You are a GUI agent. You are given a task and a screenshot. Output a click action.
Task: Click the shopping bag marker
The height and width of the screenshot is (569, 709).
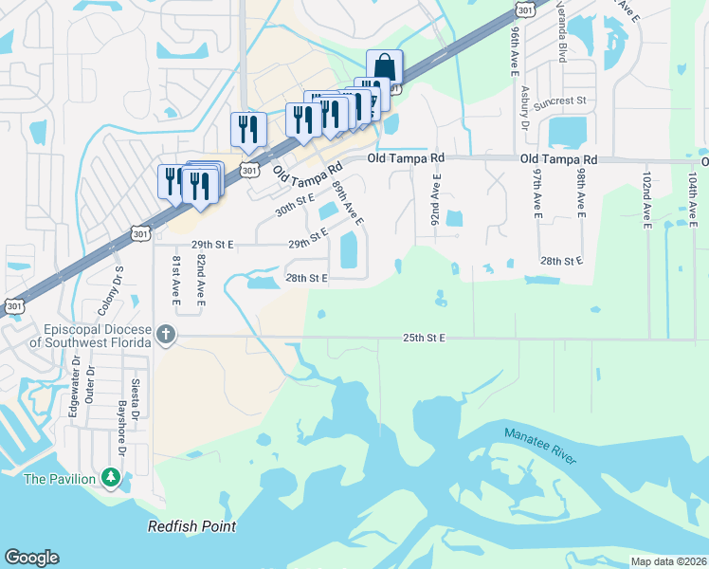(384, 68)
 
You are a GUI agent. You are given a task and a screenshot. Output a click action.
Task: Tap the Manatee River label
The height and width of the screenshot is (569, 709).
(539, 448)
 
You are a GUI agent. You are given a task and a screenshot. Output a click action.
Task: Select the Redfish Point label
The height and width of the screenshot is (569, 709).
(191, 526)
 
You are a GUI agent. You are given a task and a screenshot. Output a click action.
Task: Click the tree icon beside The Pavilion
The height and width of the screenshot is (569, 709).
(112, 477)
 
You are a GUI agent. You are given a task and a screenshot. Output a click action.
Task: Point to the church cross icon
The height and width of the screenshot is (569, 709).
(166, 334)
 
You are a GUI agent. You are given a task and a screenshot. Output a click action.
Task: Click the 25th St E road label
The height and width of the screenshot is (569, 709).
(424, 338)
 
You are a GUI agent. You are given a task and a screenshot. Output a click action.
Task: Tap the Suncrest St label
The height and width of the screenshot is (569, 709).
(561, 100)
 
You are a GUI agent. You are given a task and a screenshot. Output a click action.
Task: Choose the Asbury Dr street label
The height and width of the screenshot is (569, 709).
(524, 105)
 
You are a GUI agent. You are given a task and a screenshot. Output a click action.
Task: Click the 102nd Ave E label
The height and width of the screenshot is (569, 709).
(646, 201)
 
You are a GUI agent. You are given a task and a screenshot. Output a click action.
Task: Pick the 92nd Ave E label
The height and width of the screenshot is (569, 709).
(436, 198)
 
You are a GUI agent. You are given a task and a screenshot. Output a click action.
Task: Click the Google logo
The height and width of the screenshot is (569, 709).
(31, 558)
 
